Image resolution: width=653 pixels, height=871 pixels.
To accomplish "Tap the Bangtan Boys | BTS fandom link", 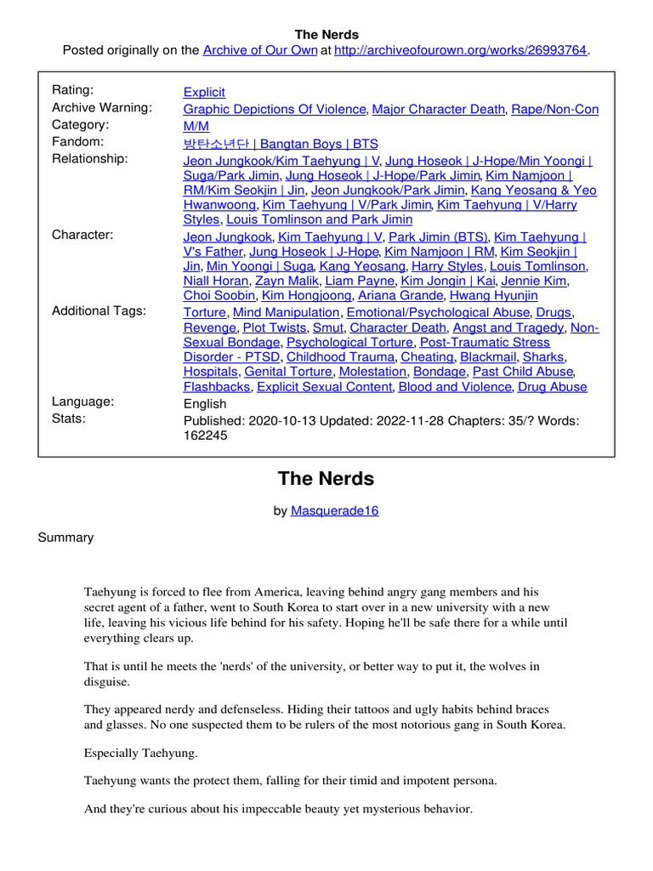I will click(281, 143).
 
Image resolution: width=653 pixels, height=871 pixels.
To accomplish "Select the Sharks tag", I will click(543, 357).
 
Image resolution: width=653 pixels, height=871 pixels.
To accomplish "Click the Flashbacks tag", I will click(217, 386).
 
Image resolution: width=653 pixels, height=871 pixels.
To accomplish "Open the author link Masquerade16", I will click(334, 510).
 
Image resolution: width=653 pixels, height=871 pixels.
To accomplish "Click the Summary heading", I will click(65, 538).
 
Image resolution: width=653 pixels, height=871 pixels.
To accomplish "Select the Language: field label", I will click(83, 401).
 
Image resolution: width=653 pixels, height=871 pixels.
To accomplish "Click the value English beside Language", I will click(205, 403).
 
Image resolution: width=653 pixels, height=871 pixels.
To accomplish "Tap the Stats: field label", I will click(69, 418).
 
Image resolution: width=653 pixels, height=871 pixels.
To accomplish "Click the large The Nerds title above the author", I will click(326, 479).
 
